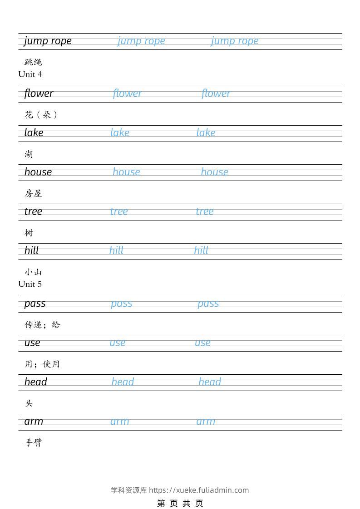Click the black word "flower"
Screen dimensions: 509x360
pos(39,93)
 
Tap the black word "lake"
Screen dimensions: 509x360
pos(34,133)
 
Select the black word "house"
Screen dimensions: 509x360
pos(38,172)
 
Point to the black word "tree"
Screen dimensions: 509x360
pos(33,211)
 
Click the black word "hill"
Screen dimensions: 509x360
pos(32,250)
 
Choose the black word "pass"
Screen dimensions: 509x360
pos(35,303)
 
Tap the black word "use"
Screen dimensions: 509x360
pos(32,343)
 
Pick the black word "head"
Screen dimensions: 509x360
pos(36,382)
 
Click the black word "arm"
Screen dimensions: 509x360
pos(34,421)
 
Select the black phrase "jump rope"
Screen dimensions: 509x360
pos(48,41)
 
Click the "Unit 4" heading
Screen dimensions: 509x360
pos(30,74)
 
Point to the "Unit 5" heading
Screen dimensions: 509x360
pos(30,284)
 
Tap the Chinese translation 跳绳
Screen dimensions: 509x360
pos(33,62)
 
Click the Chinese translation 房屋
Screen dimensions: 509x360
pos(33,194)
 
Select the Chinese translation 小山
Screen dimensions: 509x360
pos(33,272)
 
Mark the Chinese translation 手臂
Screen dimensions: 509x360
pos(33,443)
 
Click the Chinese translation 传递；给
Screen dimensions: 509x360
pos(42,325)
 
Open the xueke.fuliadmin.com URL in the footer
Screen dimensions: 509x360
pos(199,490)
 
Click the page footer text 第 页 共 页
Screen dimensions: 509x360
pos(180,503)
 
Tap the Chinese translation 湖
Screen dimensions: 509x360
pos(29,154)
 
